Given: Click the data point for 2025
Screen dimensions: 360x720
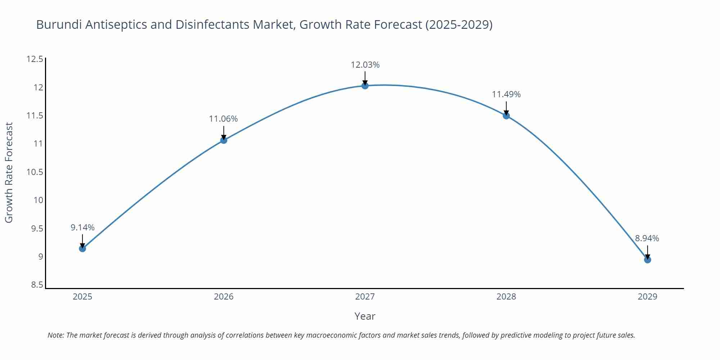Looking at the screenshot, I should click(82, 248).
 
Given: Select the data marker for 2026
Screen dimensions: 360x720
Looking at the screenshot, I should click(224, 140).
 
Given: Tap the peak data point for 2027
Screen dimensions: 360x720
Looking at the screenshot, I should click(365, 85).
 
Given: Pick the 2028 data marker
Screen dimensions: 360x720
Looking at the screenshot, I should click(506, 116).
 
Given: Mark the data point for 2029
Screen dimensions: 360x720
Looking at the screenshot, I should click(647, 260).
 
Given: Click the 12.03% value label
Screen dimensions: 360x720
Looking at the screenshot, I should click(365, 65).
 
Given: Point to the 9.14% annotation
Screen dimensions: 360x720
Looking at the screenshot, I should click(82, 228).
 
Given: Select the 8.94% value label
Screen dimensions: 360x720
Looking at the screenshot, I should click(647, 238).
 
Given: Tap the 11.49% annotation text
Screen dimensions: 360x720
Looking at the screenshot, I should click(506, 94).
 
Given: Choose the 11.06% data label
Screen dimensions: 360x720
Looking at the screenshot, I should click(223, 119).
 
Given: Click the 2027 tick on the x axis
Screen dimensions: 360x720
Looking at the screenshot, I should click(365, 297).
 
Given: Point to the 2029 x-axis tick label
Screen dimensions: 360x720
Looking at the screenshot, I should click(647, 297).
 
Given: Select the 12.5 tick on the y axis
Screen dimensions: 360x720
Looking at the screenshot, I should click(35, 59).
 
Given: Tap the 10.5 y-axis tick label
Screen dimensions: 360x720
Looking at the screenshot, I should click(35, 172).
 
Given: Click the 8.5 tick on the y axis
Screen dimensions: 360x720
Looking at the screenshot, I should click(37, 285).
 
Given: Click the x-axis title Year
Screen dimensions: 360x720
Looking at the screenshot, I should click(365, 316).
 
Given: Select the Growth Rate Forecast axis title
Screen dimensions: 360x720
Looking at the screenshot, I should click(9, 172).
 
